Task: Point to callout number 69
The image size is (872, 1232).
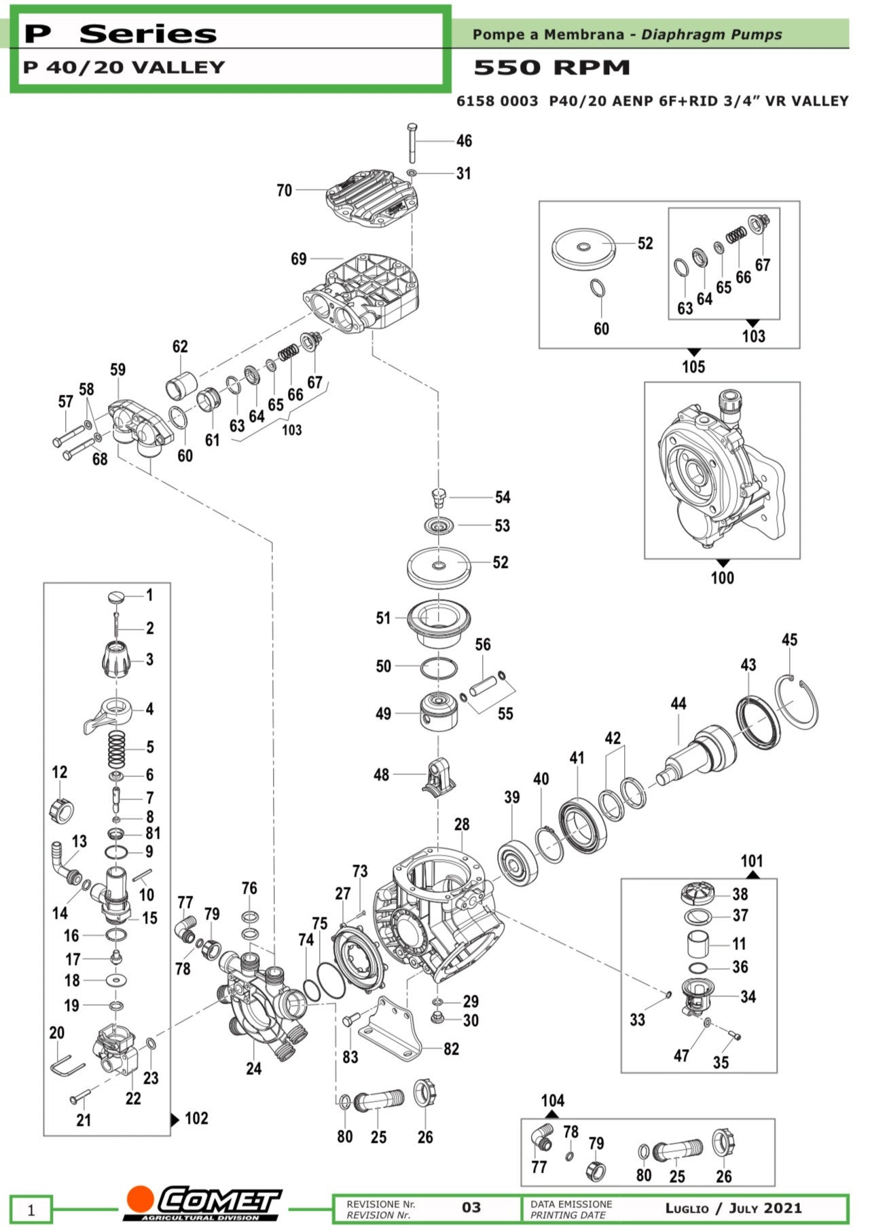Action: point(298,259)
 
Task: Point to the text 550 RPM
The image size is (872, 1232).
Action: point(551,67)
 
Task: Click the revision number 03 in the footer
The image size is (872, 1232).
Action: point(471,1208)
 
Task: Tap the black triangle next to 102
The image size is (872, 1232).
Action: point(175,1119)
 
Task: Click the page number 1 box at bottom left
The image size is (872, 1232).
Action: point(31,1209)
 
